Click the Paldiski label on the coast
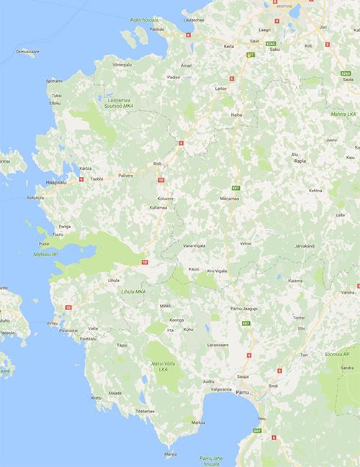pos(156,30)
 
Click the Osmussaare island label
pos(27,52)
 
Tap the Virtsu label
pos(52,323)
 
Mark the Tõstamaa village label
pos(145,411)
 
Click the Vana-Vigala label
pos(194,245)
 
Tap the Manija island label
pos(171,454)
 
